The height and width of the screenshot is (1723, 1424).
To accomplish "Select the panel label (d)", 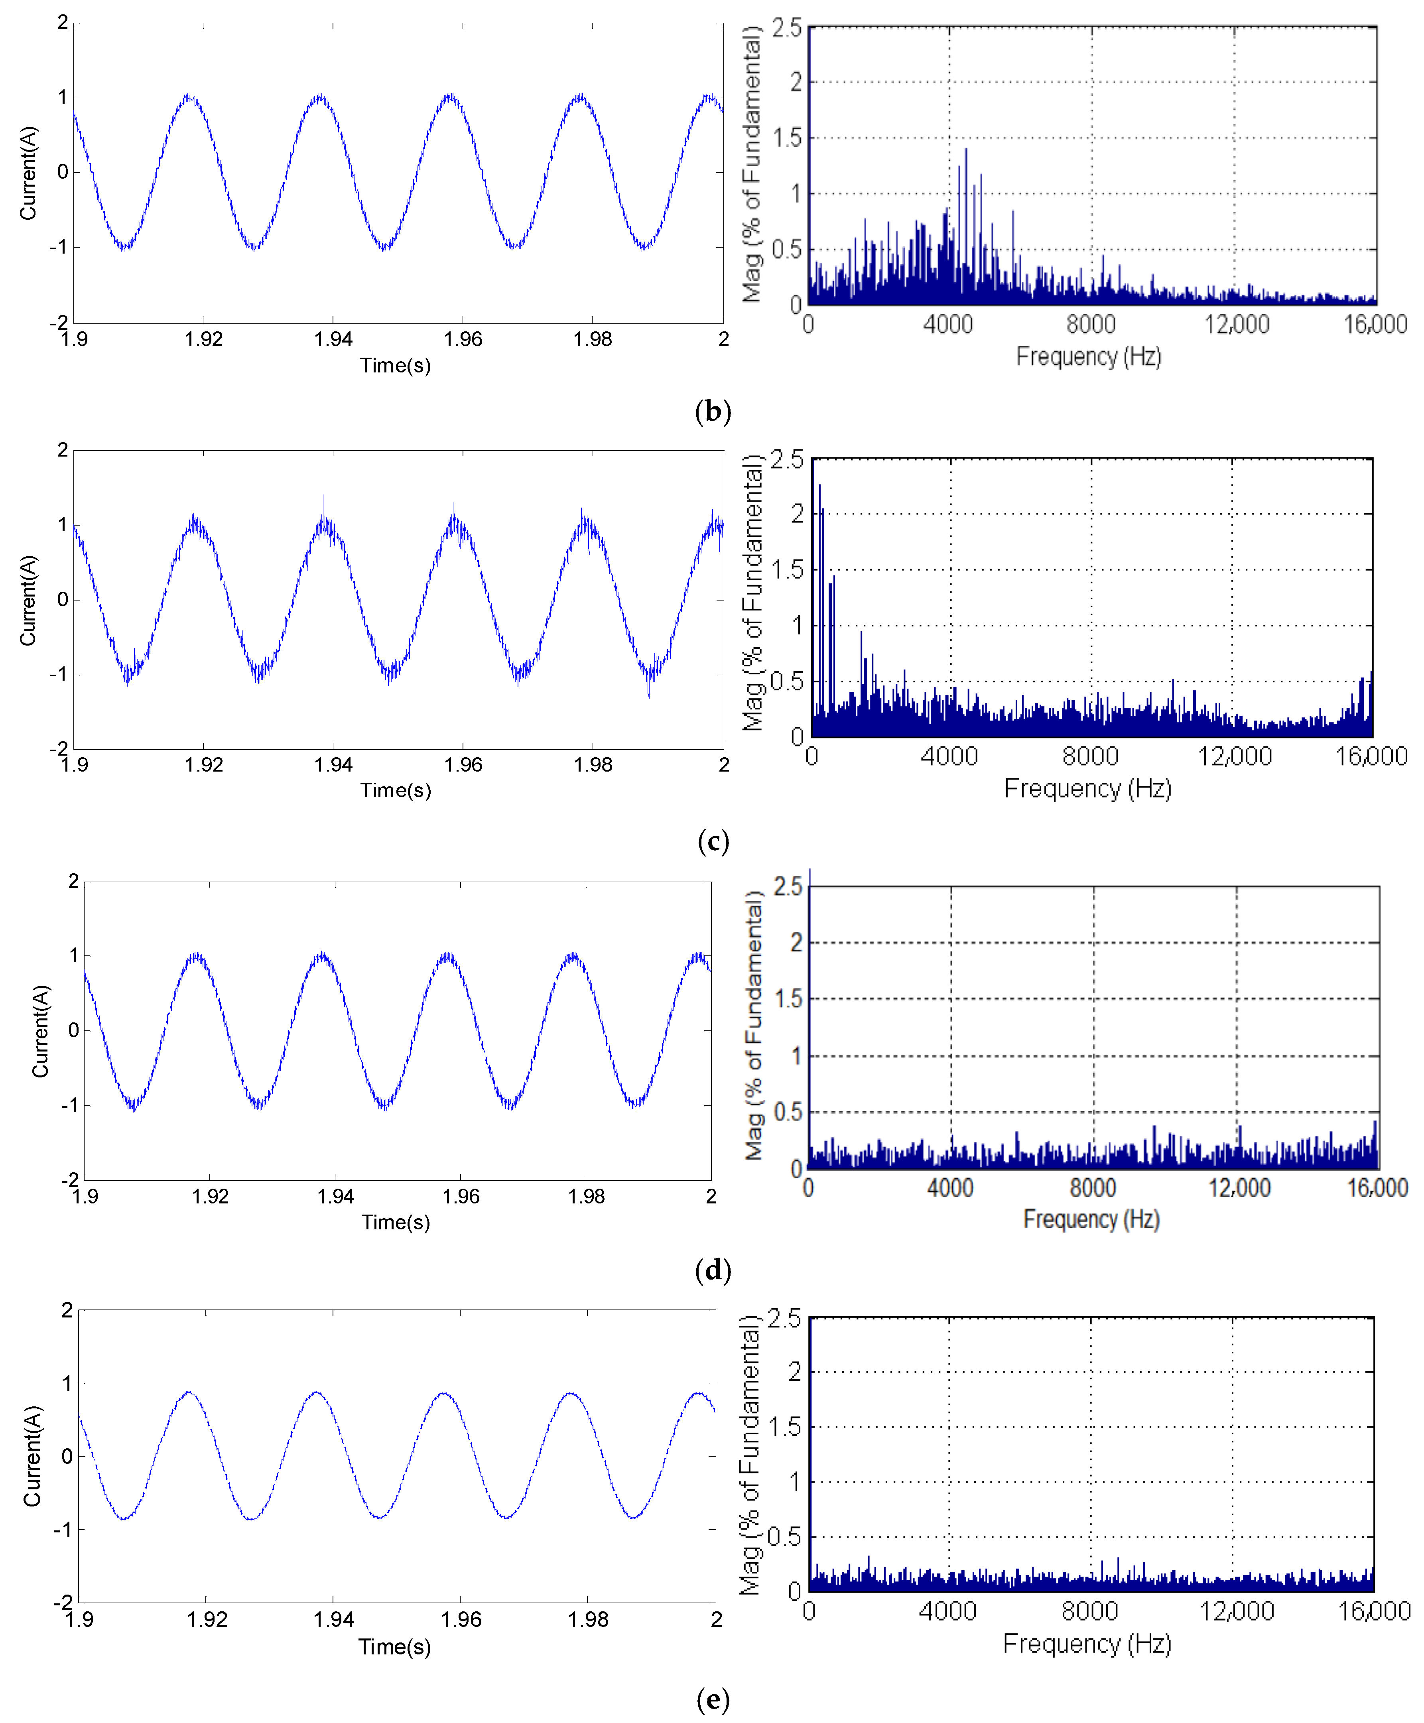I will click(712, 1270).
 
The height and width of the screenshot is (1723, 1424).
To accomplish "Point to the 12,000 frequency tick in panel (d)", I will click(1239, 1187).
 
